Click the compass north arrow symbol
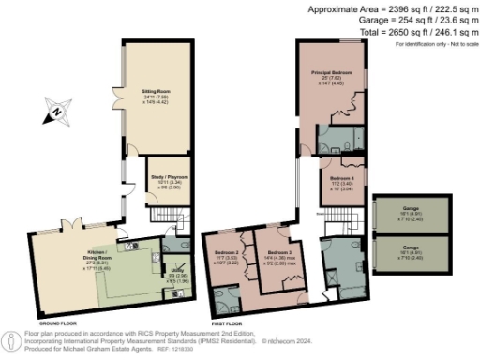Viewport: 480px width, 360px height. [x=55, y=114]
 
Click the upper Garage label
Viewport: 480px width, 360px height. [x=412, y=209]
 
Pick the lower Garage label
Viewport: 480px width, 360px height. [x=412, y=248]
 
